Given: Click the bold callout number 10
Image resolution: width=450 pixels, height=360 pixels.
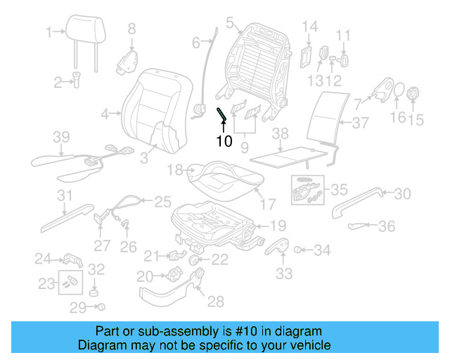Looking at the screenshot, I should click(x=224, y=141).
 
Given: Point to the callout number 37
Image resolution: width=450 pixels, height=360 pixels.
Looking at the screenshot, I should click(x=361, y=124).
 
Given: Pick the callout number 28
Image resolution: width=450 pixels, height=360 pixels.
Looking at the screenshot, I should click(x=215, y=302).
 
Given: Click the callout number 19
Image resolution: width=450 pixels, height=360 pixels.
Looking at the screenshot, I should click(x=278, y=226).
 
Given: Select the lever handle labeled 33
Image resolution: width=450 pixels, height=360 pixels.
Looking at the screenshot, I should click(x=279, y=247).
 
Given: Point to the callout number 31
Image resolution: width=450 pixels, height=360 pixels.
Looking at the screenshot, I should click(x=65, y=195).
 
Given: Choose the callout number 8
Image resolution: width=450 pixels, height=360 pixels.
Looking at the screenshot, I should click(x=131, y=29).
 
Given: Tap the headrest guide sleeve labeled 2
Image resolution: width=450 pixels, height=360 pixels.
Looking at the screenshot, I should click(x=77, y=83).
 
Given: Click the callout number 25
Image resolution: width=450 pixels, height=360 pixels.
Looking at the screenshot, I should click(x=162, y=201).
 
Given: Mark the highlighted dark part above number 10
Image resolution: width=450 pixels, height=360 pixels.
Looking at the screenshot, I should click(x=221, y=113).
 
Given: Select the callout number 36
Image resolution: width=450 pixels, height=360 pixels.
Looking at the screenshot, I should click(x=387, y=226).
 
